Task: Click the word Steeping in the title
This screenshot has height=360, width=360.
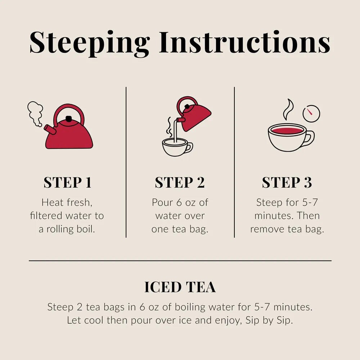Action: tap(90, 43)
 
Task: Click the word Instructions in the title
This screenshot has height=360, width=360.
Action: tap(245, 42)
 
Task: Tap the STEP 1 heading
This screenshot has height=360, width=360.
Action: tap(68, 183)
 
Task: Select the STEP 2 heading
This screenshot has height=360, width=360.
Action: tap(180, 183)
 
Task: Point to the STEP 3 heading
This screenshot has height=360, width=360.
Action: tap(287, 183)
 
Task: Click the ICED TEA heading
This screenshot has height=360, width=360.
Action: tap(180, 287)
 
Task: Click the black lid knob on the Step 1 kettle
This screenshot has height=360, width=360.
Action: tap(68, 119)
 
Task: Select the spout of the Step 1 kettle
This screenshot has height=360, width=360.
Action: tap(50, 130)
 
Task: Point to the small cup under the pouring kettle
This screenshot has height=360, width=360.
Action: tap(177, 147)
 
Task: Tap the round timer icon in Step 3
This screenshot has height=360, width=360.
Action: tap(311, 113)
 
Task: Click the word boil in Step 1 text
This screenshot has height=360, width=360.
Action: tap(86, 229)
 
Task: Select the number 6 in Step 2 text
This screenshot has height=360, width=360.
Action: tap(179, 202)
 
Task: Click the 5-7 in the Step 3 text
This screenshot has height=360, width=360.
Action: tap(310, 202)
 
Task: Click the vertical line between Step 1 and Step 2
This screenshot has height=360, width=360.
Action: tap(126, 162)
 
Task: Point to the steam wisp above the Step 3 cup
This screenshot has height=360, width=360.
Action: tap(288, 109)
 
